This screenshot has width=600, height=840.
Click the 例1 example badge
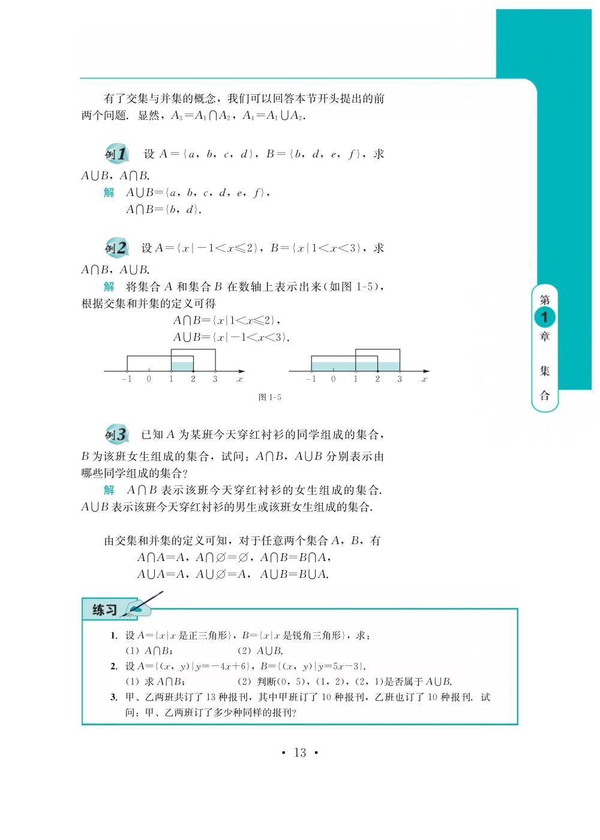tap(116, 154)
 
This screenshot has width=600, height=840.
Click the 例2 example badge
tap(116, 248)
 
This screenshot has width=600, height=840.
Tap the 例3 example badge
tap(116, 434)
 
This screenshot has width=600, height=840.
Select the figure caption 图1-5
tap(269, 397)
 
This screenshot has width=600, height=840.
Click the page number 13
tap(300, 752)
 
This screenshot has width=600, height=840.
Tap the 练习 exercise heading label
tap(105, 610)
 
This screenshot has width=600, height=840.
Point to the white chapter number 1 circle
tap(545, 317)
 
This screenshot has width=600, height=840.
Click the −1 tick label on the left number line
tap(126, 379)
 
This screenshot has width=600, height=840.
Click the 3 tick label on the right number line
tap(400, 379)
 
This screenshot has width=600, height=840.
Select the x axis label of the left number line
tap(240, 379)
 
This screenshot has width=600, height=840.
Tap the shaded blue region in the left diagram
tap(182, 365)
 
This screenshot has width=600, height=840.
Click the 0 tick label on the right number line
tap(334, 379)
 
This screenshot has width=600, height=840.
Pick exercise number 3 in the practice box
tap(113, 697)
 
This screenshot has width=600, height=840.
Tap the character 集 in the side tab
tap(545, 371)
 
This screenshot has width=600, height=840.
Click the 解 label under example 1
tap(109, 193)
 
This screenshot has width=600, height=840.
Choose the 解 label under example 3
tap(109, 490)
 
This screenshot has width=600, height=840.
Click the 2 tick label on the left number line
tap(193, 379)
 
